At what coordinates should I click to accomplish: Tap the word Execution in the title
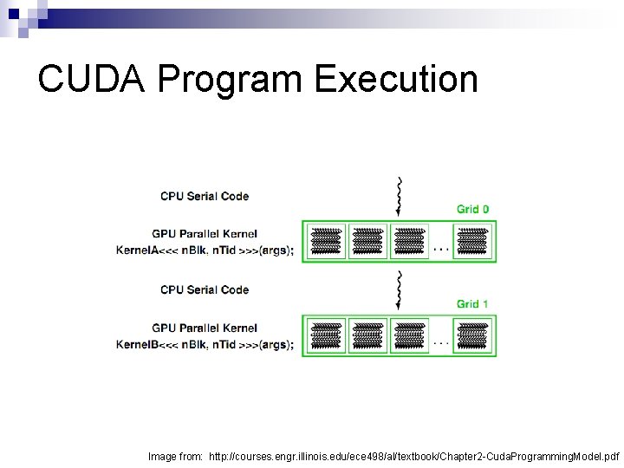pyautogui.click(x=396, y=79)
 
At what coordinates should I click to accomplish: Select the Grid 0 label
pyautogui.click(x=472, y=209)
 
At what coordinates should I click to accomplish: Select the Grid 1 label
pyautogui.click(x=472, y=303)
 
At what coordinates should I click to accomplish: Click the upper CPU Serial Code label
pyautogui.click(x=205, y=196)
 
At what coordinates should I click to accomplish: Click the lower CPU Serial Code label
pyautogui.click(x=205, y=289)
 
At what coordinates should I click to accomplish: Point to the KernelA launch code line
pyautogui.click(x=205, y=250)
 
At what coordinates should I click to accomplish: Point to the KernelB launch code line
pyautogui.click(x=205, y=344)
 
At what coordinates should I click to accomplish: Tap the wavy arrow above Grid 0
pyautogui.click(x=399, y=195)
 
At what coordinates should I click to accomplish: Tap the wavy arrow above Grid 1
pyautogui.click(x=399, y=289)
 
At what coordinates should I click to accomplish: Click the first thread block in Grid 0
pyautogui.click(x=326, y=241)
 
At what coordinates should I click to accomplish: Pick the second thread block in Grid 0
pyautogui.click(x=368, y=241)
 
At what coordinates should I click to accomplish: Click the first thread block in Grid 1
pyautogui.click(x=326, y=335)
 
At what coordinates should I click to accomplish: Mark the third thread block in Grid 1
pyautogui.click(x=410, y=335)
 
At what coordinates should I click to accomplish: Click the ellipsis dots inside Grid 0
pyautogui.click(x=441, y=249)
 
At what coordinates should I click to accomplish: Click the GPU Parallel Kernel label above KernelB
pyautogui.click(x=205, y=328)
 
